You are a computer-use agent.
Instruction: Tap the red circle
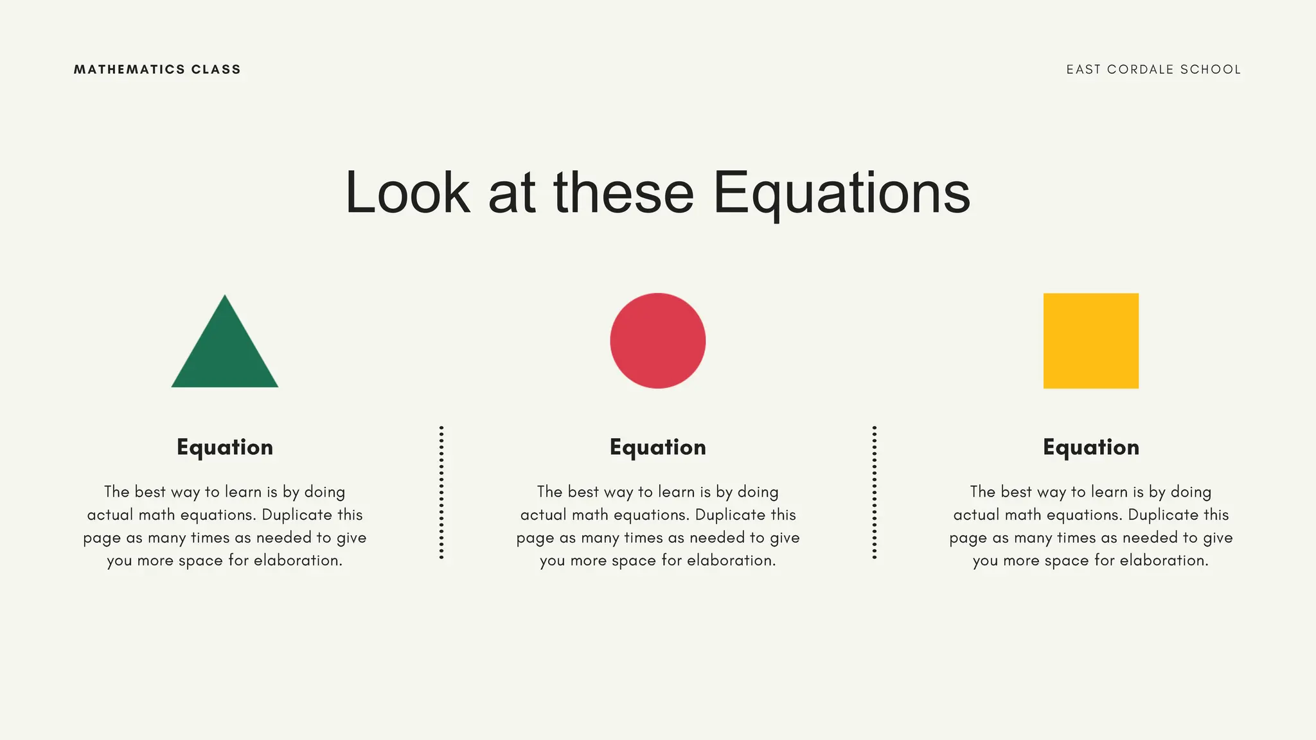(x=657, y=340)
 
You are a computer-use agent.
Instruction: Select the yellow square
(x=1090, y=340)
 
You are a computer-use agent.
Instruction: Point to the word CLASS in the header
(x=216, y=69)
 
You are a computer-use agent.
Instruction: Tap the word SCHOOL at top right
(x=1211, y=69)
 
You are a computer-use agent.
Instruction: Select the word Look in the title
(x=407, y=193)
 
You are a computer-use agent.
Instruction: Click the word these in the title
(x=623, y=193)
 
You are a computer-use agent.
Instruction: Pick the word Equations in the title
(x=842, y=193)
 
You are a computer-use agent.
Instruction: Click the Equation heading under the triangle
(x=224, y=447)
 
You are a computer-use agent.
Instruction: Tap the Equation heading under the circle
(x=657, y=447)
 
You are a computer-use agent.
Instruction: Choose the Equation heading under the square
(x=1090, y=447)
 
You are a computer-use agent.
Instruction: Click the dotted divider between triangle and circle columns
(x=441, y=492)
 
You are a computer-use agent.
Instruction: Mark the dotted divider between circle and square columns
(x=875, y=492)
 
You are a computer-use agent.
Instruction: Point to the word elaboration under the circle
(x=731, y=561)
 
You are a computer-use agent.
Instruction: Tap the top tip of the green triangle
(x=224, y=297)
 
